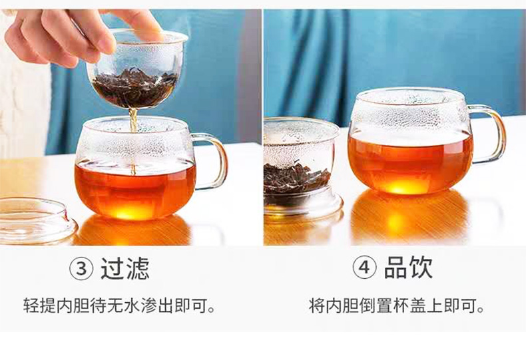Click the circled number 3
(x=81, y=268)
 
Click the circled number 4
(x=365, y=268)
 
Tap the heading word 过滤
(x=125, y=268)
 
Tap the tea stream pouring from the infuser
(x=133, y=141)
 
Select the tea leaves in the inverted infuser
(x=295, y=179)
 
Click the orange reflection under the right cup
(x=409, y=218)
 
